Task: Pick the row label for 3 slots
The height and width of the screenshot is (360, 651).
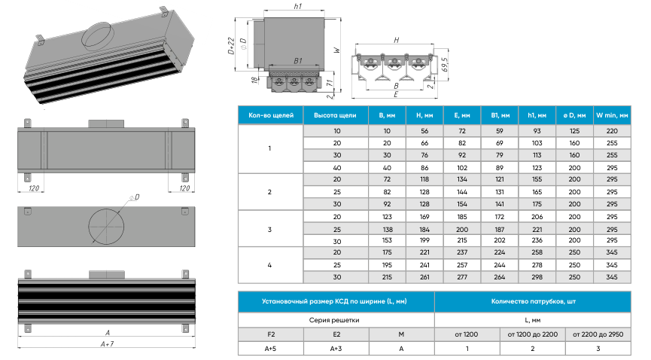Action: point(269,229)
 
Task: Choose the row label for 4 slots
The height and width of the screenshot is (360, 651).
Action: point(269,265)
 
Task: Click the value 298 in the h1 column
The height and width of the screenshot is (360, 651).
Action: point(537,277)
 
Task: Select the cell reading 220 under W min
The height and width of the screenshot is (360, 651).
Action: point(611,130)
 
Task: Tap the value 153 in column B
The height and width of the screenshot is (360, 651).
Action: point(385,241)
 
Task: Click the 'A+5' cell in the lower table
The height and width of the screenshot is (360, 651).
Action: point(271,349)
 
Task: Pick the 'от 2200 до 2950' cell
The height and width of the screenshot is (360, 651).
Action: point(598,334)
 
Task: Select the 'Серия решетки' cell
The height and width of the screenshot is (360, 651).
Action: point(336,319)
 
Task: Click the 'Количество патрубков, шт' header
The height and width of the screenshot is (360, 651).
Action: point(534,301)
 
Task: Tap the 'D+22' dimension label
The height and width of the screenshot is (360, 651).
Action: point(232,47)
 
